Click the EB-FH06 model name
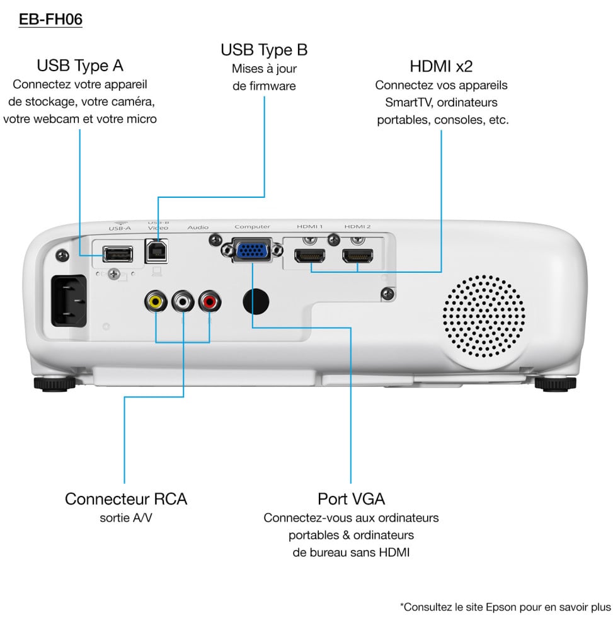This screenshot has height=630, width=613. pyautogui.click(x=51, y=20)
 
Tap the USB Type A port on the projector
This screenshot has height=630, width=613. pyautogui.click(x=117, y=254)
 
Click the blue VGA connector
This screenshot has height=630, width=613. pyautogui.click(x=252, y=251)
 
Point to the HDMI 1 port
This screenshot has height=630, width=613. pyautogui.click(x=309, y=256)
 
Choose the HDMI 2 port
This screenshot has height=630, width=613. pyautogui.click(x=357, y=256)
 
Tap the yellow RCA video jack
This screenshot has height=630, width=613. pyautogui.click(x=156, y=302)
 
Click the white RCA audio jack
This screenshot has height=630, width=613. pyautogui.click(x=183, y=302)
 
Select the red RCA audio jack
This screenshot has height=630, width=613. pyautogui.click(x=210, y=302)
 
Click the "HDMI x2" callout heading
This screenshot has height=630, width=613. pyautogui.click(x=441, y=66)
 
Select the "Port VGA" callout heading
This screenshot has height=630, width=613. pyautogui.click(x=351, y=499)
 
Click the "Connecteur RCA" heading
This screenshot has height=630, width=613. pyautogui.click(x=126, y=499)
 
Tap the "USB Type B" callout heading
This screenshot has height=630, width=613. pyautogui.click(x=264, y=50)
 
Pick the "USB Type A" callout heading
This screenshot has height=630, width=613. pyautogui.click(x=80, y=66)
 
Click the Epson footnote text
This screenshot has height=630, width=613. pyautogui.click(x=505, y=607)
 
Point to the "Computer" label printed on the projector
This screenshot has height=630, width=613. pyautogui.click(x=252, y=227)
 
